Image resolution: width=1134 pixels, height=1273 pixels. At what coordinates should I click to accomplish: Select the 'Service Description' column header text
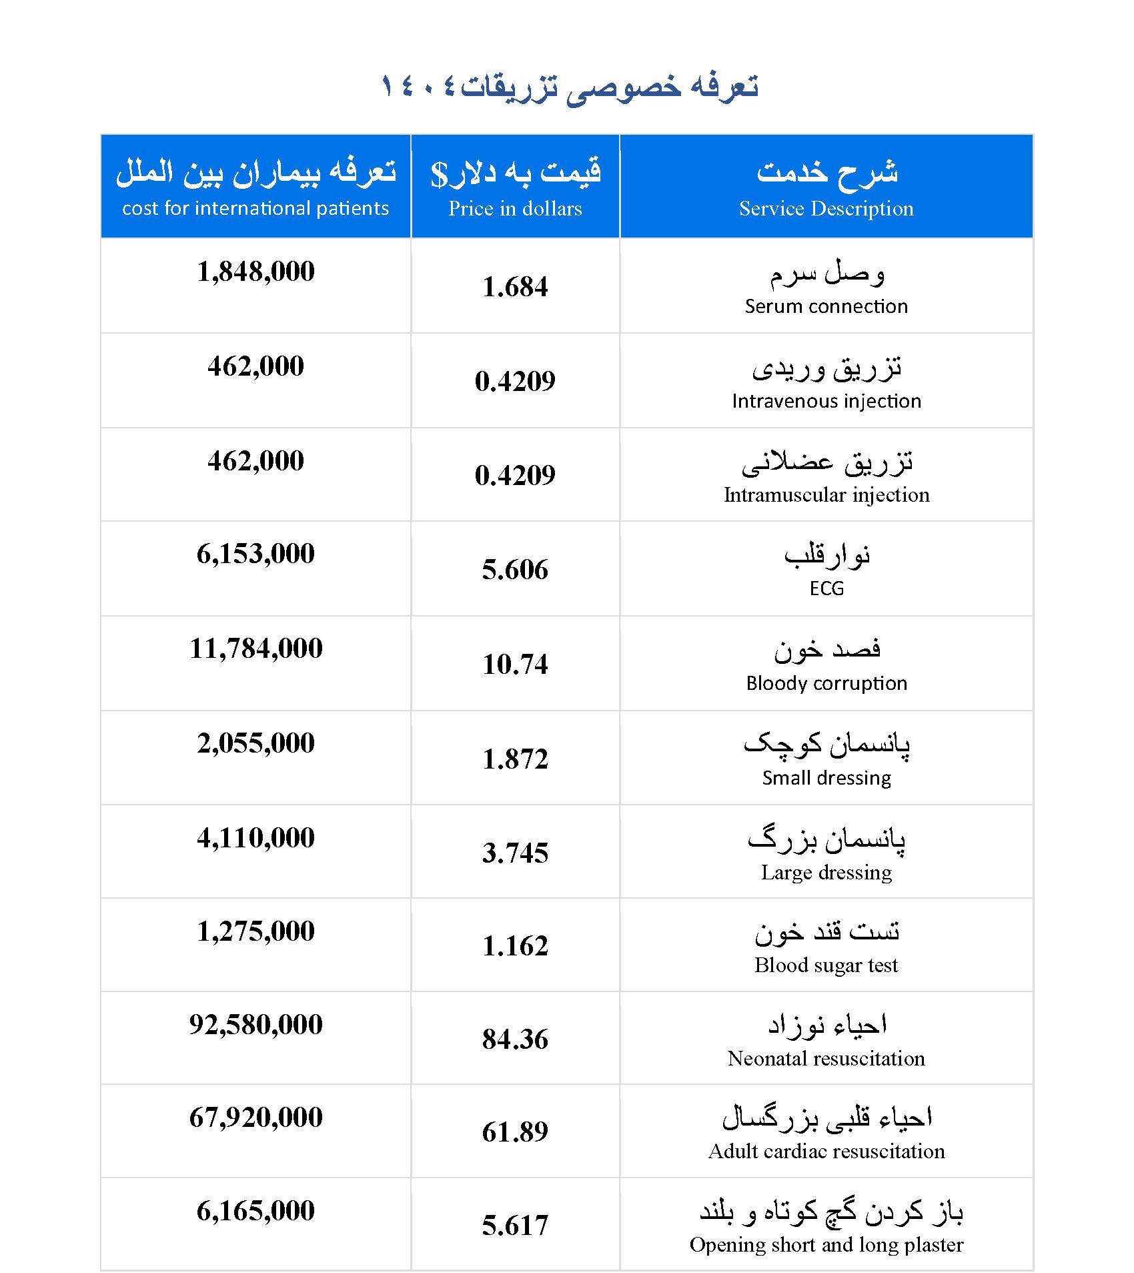826,209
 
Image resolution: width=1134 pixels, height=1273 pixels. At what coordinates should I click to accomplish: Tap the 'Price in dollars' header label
515,209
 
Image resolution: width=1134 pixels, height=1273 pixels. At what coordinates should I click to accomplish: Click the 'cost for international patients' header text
255,209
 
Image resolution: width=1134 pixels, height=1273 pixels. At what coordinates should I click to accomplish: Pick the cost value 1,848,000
255,272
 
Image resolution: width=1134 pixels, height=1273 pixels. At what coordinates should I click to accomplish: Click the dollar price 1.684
515,287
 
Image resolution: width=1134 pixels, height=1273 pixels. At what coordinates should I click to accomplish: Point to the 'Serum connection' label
826,306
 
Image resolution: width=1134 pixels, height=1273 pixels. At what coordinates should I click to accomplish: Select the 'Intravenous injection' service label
826,401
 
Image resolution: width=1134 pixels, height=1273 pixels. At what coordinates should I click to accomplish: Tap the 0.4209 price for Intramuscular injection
515,475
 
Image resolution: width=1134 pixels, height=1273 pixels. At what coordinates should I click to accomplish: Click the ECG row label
826,588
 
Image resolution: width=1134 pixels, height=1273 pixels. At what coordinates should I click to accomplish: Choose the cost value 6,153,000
255,554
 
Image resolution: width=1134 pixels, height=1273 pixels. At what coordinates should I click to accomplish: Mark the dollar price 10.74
515,665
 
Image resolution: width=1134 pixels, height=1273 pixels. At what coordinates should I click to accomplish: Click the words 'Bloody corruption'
826,683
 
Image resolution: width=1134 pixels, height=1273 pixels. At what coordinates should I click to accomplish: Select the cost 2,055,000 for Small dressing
255,743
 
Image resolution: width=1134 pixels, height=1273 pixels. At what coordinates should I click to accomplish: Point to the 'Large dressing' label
826,873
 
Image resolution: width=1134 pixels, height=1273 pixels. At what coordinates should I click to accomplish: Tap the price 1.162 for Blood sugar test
515,946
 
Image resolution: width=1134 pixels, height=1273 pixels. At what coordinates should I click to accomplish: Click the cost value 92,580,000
255,1025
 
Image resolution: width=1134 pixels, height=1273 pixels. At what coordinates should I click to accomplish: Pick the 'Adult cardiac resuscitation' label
826,1152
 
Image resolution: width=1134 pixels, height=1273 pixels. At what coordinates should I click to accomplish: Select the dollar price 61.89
515,1132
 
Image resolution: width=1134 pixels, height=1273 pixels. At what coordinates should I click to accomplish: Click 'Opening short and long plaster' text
826,1245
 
